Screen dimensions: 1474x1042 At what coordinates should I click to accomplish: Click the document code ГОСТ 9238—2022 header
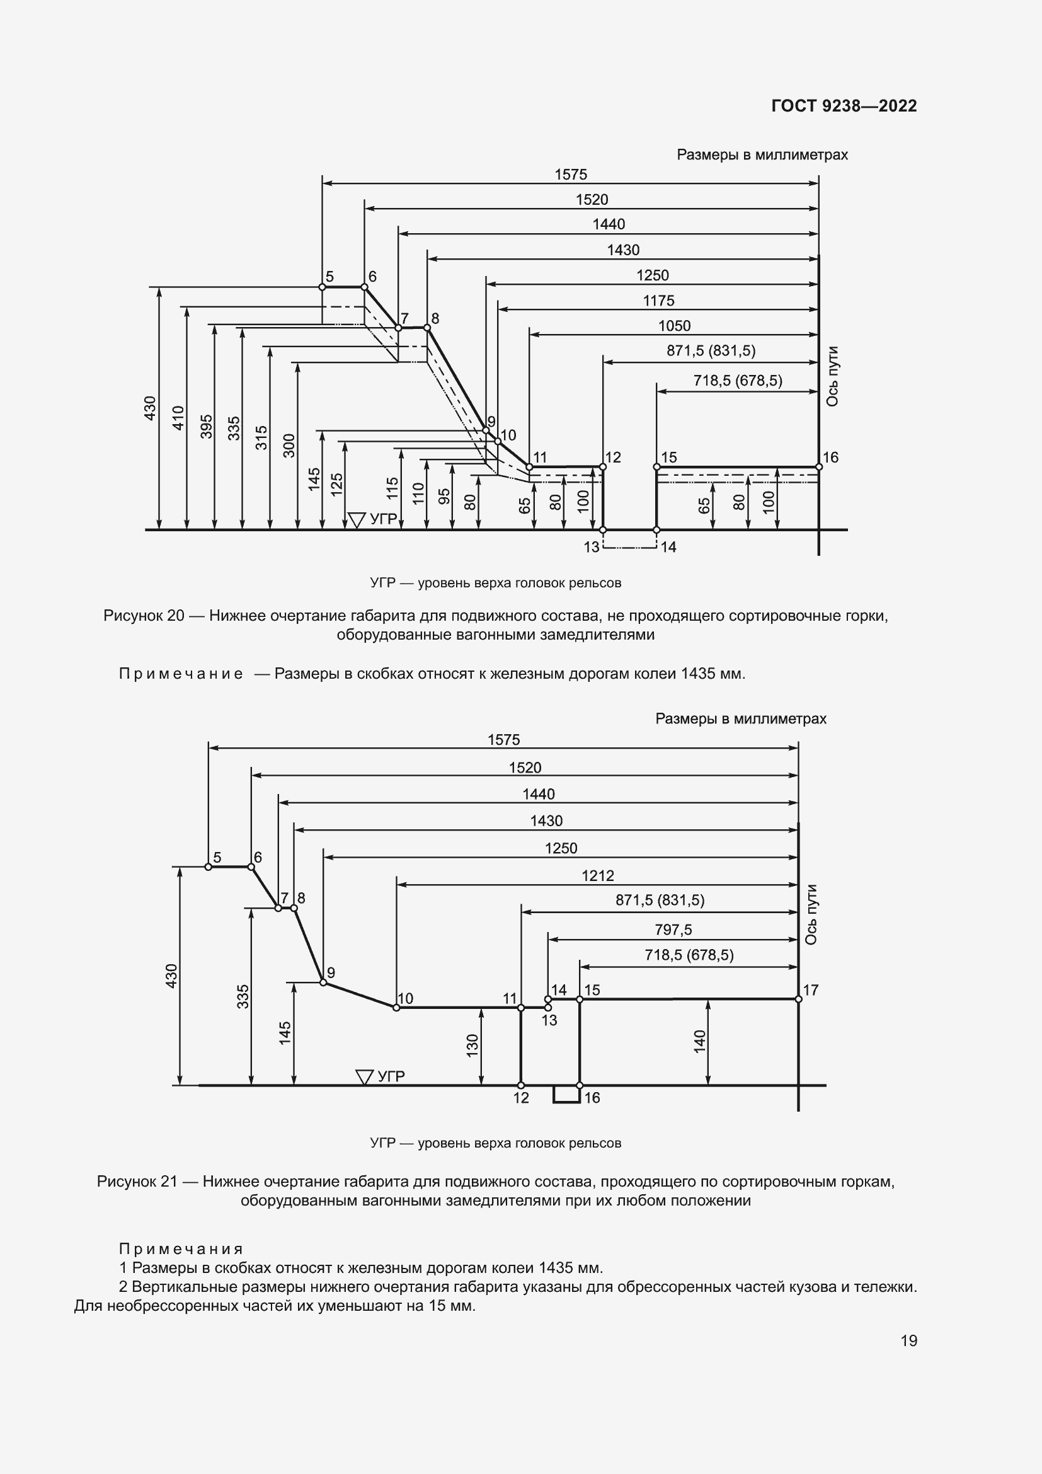click(844, 106)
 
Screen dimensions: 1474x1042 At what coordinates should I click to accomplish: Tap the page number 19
click(908, 1340)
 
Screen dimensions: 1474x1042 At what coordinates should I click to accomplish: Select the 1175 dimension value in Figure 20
click(658, 301)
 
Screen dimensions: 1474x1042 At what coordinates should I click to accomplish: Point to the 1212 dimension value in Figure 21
click(597, 875)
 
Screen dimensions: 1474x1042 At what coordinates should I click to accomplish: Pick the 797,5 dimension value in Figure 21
click(673, 929)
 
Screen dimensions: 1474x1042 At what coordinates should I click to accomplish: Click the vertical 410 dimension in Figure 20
click(178, 418)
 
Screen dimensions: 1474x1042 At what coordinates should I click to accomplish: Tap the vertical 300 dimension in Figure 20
click(289, 446)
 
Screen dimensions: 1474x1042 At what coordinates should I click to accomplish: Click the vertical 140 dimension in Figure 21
click(699, 1040)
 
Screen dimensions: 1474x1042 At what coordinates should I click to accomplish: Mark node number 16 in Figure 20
click(830, 457)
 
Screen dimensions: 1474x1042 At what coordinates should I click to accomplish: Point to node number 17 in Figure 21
click(810, 989)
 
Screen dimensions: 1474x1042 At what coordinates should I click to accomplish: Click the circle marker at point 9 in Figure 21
click(323, 982)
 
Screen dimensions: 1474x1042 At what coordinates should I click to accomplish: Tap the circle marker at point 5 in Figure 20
click(322, 287)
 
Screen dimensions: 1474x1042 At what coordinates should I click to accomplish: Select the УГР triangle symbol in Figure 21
click(364, 1076)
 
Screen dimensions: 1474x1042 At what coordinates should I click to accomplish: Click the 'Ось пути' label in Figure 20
click(832, 376)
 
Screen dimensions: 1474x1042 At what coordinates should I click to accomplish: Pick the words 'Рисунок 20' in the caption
click(144, 616)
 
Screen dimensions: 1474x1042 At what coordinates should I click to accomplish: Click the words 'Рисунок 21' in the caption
click(137, 1181)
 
